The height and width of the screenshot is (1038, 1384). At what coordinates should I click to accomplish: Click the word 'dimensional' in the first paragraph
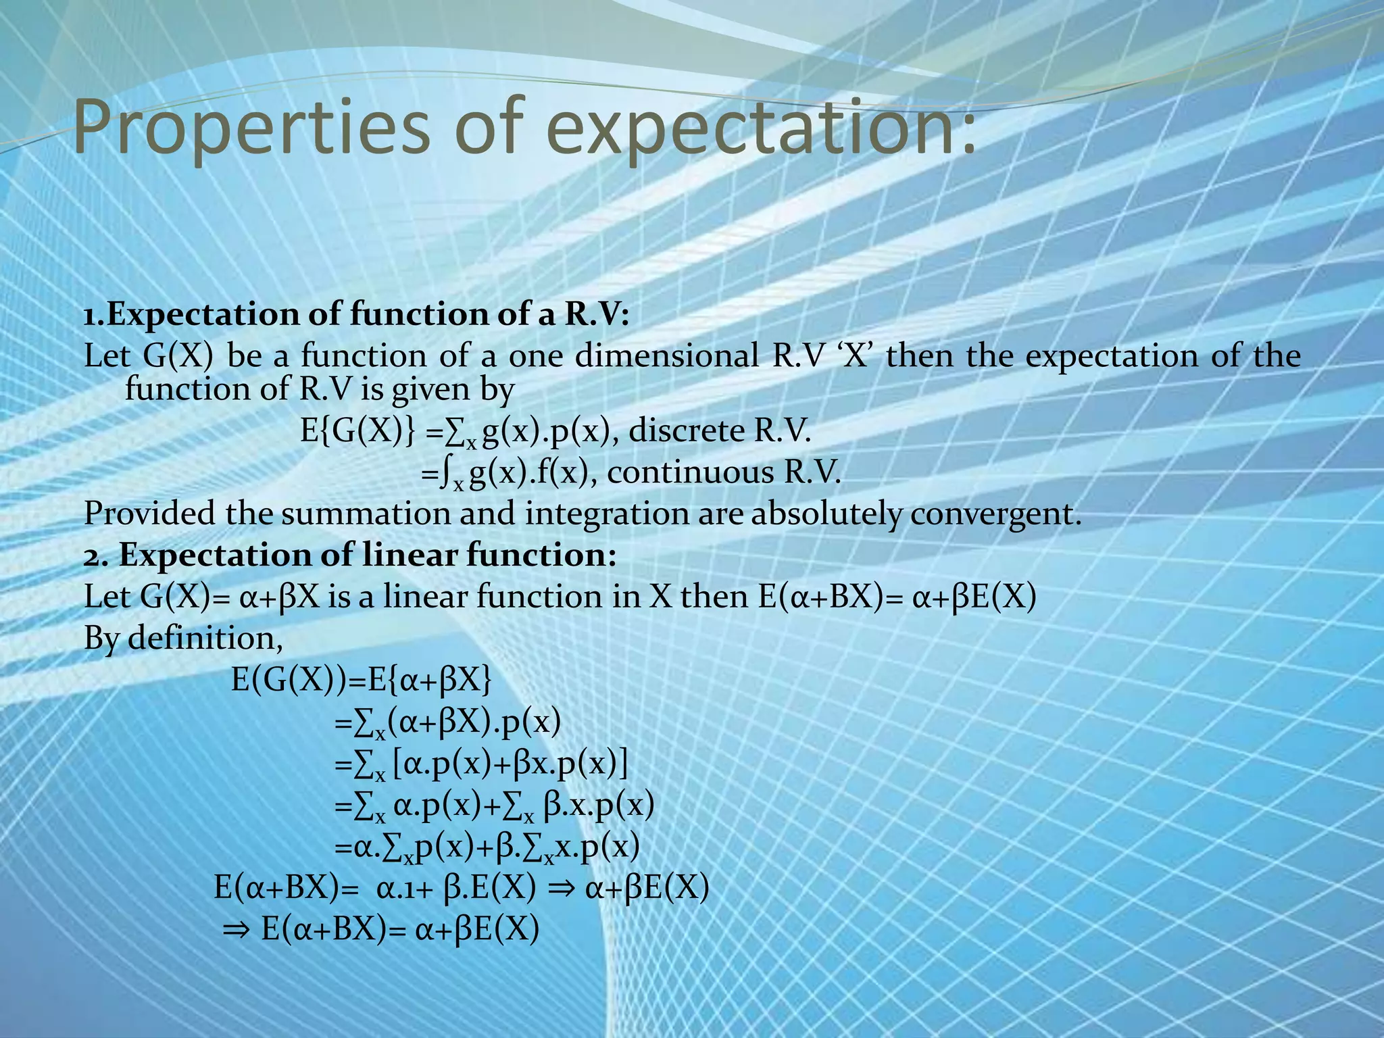tap(667, 356)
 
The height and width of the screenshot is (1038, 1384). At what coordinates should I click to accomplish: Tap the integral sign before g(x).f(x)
tap(444, 474)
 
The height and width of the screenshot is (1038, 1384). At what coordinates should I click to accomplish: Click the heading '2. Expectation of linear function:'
tap(350, 555)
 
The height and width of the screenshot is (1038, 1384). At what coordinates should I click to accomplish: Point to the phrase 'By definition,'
tap(183, 638)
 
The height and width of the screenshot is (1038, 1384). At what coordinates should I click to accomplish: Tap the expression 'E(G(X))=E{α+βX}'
tap(362, 680)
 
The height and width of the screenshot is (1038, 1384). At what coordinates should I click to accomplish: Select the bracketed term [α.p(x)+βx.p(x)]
tap(511, 764)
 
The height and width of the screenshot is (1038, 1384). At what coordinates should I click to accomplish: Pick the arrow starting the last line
tap(237, 931)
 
